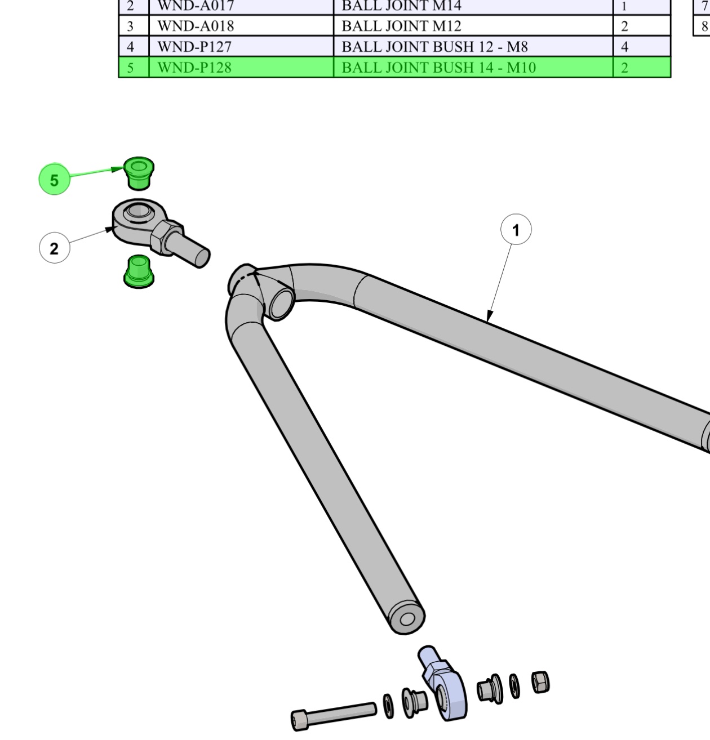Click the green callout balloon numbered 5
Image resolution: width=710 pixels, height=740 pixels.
pos(54,180)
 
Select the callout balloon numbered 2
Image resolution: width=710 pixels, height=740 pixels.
pos(54,248)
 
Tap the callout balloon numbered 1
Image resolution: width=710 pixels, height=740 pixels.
pos(516,230)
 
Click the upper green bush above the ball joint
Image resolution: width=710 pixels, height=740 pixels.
pos(138,173)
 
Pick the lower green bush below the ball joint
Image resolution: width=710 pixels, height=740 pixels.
pos(138,271)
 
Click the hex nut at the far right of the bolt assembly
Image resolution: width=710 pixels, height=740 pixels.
pos(540,683)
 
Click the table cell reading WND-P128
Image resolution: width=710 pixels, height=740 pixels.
pos(194,68)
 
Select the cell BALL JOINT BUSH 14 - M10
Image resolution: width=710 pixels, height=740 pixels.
pos(438,68)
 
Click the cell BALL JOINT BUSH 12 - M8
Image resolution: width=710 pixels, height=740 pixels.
pos(434,47)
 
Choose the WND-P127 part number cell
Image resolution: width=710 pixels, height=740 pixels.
pos(194,47)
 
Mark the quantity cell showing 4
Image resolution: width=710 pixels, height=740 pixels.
pos(624,47)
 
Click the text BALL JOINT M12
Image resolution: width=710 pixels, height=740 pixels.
pos(401,26)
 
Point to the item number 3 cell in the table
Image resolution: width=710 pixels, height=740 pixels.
pos(131,26)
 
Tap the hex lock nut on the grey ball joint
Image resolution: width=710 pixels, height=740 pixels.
pos(166,237)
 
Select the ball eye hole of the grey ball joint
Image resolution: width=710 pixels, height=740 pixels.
pos(136,211)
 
